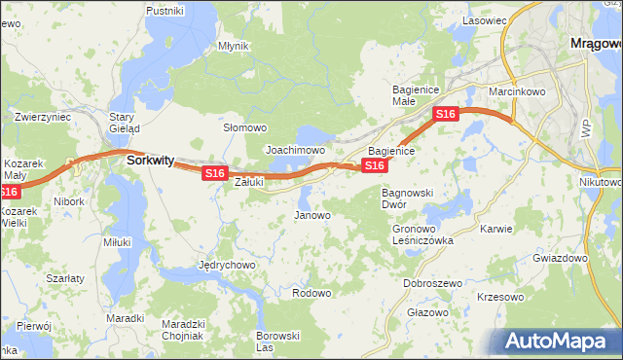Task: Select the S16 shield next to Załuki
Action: (215, 173)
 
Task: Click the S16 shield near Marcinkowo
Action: (445, 115)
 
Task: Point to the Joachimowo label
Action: (295, 151)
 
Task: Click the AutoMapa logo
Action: (556, 342)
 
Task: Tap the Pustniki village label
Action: (165, 10)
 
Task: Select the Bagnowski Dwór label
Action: (407, 198)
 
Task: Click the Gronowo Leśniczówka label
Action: (422, 234)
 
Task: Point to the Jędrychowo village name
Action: (227, 265)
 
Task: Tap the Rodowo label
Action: (312, 293)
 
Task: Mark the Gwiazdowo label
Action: (560, 259)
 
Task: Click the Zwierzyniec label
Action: (43, 116)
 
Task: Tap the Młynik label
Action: (234, 46)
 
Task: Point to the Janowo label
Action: (312, 215)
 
